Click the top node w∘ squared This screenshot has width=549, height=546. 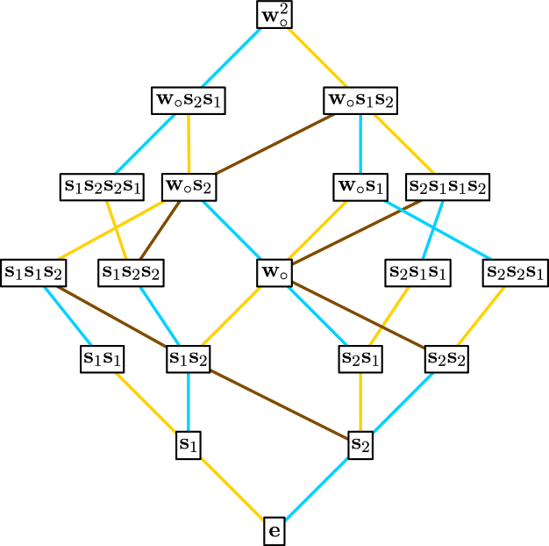coord(274,15)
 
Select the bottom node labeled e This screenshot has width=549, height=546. coord(274,531)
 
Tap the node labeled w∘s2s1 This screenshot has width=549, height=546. coord(189,100)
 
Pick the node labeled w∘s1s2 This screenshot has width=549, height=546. coord(360,100)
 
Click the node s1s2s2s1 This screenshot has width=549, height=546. coord(103,186)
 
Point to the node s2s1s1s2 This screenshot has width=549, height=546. coord(447,186)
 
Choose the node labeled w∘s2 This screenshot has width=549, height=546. coord(189,186)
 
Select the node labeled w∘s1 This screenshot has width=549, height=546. coord(360,186)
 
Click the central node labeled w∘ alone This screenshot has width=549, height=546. coord(274,272)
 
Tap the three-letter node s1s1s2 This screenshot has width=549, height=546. coord(33,272)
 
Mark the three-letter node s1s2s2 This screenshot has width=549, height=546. coord(131,272)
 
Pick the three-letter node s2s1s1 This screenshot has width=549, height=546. coord(418,272)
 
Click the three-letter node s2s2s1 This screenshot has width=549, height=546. coord(516,272)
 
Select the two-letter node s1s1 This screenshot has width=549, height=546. coord(103,358)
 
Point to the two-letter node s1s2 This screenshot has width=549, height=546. coord(189,358)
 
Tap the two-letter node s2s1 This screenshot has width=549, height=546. coord(360,358)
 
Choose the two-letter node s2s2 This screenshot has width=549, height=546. coord(446,358)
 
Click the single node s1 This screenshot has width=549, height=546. coord(189,444)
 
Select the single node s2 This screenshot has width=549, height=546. coord(360,444)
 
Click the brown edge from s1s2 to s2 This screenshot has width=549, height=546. coord(274,401)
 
